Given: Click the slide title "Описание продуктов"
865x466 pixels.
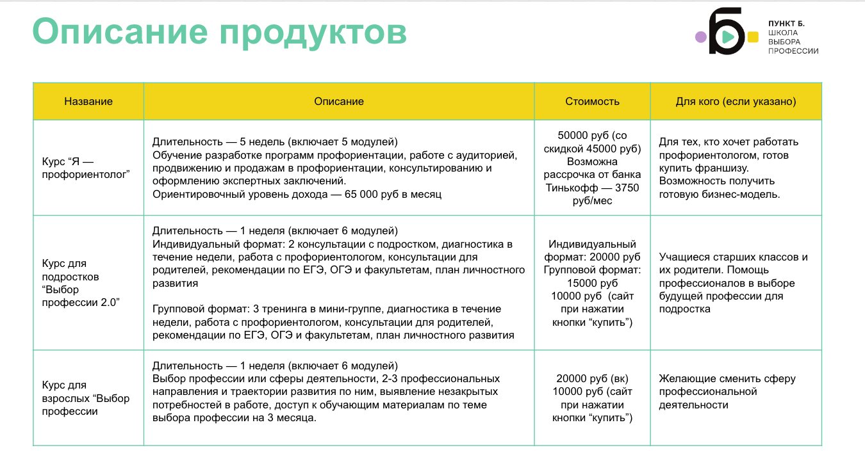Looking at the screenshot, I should [219, 32].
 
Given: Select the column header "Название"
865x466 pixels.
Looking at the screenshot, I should [88, 101].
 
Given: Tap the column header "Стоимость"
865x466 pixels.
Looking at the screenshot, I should [592, 101].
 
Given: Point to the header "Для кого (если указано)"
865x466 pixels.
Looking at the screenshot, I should [736, 101].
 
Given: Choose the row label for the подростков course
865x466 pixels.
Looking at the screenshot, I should [81, 283].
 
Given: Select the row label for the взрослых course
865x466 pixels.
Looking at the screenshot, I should [85, 398].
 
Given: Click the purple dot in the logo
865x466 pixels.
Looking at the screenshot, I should [701, 37].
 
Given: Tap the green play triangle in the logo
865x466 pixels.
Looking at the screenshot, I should [727, 37].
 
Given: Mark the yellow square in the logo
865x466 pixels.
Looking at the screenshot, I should [754, 37].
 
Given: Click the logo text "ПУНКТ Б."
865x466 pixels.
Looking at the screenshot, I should [786, 24].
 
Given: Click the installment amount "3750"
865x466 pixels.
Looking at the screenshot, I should [627, 188].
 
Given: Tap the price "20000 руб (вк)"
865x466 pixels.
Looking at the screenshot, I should [592, 379].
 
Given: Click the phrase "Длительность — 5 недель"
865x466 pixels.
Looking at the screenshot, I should [217, 141].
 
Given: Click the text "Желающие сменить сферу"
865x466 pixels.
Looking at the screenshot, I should [727, 378].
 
